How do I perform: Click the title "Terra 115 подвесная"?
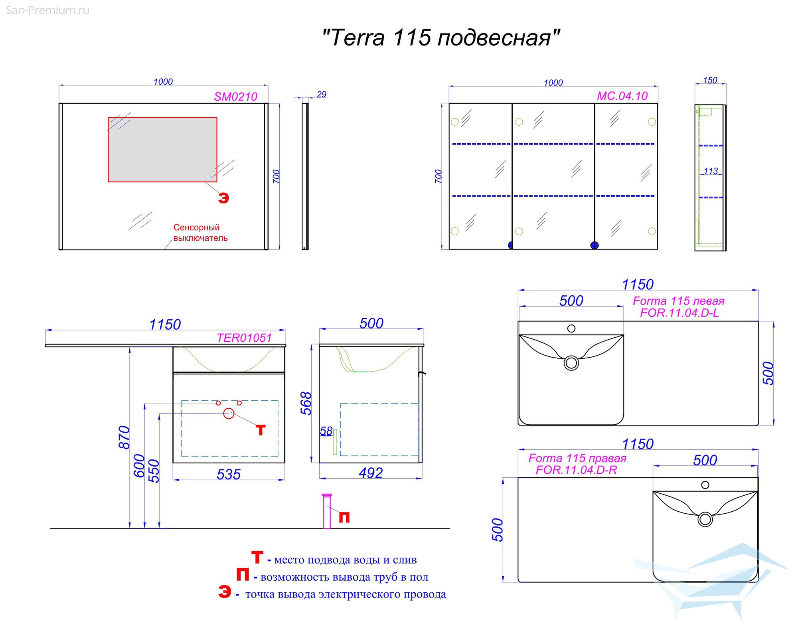(441, 38)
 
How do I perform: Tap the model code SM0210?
(235, 97)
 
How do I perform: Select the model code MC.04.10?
(622, 96)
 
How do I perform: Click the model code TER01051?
(244, 338)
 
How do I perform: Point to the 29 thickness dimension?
(322, 95)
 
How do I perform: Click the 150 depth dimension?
(710, 80)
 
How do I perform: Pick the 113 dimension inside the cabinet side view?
(711, 171)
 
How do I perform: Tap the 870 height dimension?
(124, 437)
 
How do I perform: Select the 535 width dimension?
(229, 474)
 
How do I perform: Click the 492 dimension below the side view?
(371, 473)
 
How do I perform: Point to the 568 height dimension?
(306, 404)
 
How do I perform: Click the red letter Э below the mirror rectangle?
(223, 198)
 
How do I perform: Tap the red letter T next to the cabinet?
(261, 430)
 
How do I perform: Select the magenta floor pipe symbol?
(327, 511)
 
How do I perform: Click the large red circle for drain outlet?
(229, 414)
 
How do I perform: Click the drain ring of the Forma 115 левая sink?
(571, 363)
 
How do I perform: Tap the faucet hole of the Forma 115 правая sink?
(705, 485)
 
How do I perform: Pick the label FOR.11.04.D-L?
(679, 313)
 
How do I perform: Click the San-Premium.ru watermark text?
(48, 10)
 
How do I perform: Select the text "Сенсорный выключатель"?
(200, 233)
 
